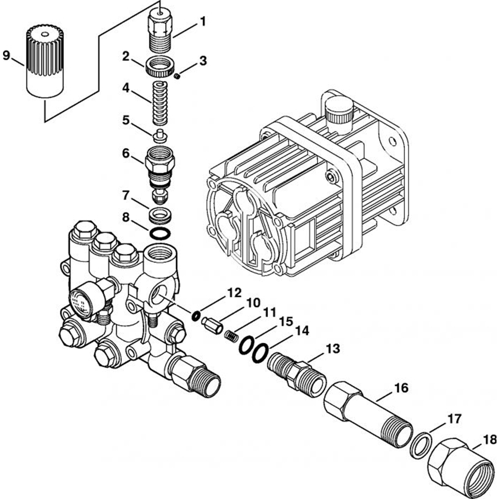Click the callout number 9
click(6, 55)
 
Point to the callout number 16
click(402, 387)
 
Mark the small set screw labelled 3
click(177, 76)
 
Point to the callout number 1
click(203, 21)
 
